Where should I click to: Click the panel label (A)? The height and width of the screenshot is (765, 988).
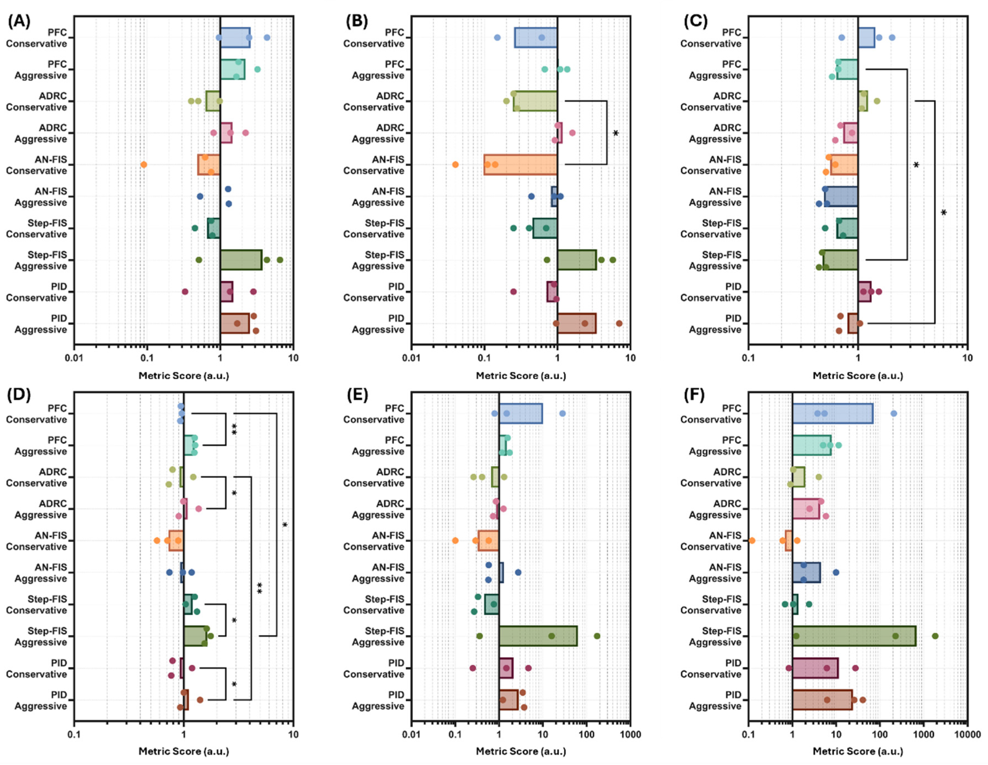click(x=19, y=21)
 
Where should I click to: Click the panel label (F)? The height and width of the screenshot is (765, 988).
click(x=694, y=395)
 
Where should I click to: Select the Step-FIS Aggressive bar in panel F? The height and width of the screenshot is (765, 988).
click(x=854, y=636)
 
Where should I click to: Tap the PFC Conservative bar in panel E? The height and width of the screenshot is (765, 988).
click(x=520, y=413)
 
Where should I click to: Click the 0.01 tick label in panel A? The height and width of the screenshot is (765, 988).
click(x=74, y=358)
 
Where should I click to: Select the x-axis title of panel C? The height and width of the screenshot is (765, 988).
click(x=858, y=376)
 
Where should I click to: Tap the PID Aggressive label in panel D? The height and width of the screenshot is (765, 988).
click(x=41, y=700)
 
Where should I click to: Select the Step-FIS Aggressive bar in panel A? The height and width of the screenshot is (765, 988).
click(x=241, y=260)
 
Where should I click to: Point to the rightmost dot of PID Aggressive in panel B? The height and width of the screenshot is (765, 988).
click(x=619, y=323)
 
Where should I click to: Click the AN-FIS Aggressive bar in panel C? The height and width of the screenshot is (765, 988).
click(x=841, y=197)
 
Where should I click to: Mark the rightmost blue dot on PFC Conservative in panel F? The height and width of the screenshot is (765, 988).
click(x=893, y=413)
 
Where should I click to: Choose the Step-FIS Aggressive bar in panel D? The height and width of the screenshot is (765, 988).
click(x=195, y=636)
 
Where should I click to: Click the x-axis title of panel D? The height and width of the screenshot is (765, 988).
click(x=184, y=751)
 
